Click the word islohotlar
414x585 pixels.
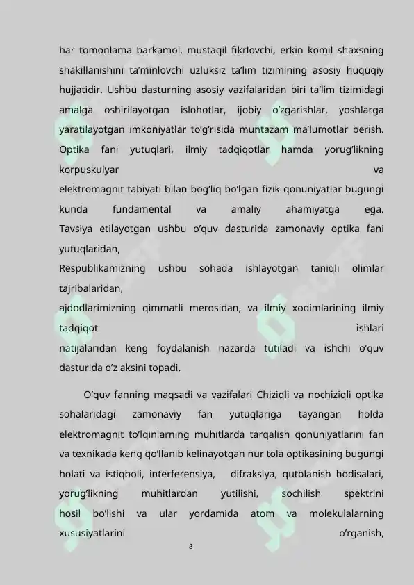[201, 110]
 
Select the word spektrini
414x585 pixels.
[365, 494]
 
